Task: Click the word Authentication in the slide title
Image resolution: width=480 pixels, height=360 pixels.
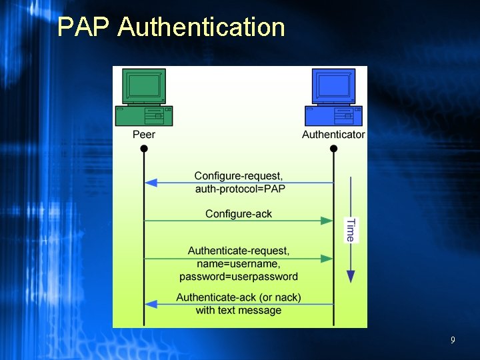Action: [x=201, y=27]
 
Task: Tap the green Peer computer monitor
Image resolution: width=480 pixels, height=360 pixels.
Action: [x=144, y=87]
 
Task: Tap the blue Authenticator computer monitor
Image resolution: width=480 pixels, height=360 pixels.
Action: [x=333, y=87]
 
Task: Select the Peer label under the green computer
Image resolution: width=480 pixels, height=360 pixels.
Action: [x=144, y=135]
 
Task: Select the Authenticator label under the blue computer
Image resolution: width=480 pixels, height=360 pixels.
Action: [x=333, y=135]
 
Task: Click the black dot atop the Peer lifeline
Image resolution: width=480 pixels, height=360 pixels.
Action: [x=144, y=149]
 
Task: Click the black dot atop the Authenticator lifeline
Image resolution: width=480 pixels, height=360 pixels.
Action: [x=334, y=149]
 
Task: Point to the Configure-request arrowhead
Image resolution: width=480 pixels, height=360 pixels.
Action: [x=151, y=183]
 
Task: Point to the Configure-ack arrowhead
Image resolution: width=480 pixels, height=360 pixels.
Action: [x=327, y=221]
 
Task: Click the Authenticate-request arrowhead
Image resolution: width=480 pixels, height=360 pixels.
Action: [x=327, y=259]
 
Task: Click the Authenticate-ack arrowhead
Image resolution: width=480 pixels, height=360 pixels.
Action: [x=151, y=304]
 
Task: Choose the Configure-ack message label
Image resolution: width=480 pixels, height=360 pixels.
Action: [x=239, y=213]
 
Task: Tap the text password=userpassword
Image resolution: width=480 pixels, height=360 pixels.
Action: [x=239, y=277]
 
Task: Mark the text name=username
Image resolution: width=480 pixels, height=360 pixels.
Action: [x=239, y=264]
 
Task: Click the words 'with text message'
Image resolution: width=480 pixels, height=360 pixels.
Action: [x=239, y=311]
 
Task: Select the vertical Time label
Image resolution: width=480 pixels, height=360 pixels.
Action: [x=351, y=230]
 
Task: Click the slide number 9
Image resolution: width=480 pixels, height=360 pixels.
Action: [x=453, y=341]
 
